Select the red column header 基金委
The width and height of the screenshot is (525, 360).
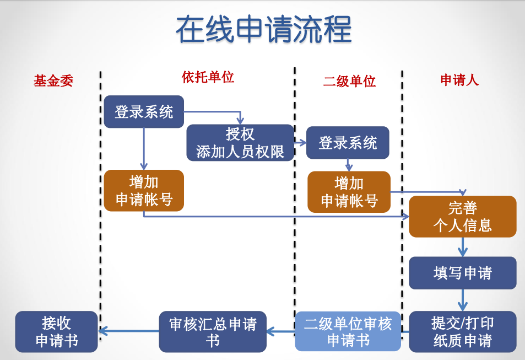(53, 81)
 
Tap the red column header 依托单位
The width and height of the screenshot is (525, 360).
(208, 77)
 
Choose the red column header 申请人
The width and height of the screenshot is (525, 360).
(459, 80)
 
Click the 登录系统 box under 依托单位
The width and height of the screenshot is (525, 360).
(144, 112)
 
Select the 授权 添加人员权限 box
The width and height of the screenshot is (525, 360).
(240, 143)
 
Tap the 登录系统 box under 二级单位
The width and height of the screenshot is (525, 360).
(348, 143)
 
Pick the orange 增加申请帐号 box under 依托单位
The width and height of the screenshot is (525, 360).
(144, 190)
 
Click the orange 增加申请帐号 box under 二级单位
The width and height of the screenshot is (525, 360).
(349, 192)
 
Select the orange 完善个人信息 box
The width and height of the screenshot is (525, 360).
(462, 216)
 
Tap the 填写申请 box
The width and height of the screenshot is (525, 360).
(462, 273)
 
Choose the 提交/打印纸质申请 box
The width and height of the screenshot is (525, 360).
(462, 331)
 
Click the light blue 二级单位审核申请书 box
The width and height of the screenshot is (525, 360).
(348, 331)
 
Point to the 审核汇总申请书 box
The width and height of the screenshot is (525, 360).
(213, 331)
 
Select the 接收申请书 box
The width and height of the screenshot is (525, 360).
(56, 331)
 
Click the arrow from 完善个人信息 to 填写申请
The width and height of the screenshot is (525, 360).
(462, 246)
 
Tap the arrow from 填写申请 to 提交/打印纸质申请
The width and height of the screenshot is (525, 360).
(462, 300)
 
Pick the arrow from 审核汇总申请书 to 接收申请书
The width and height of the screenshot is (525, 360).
(128, 331)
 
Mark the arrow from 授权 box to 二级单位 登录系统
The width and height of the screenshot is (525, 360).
(300, 143)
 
